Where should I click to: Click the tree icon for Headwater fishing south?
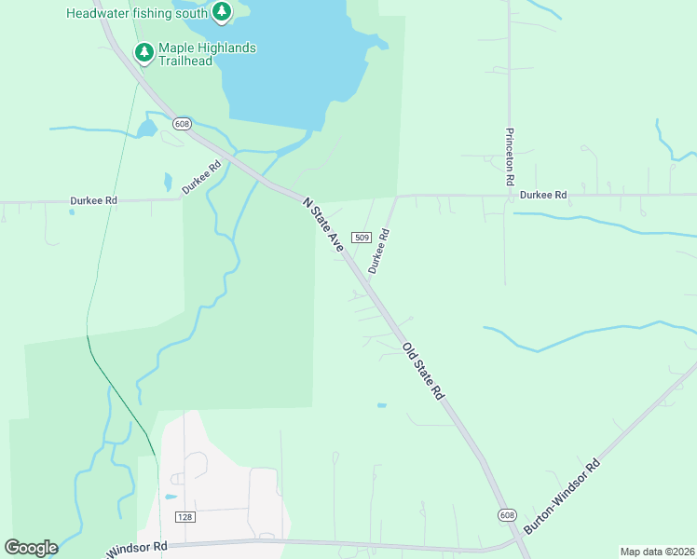[x=221, y=12]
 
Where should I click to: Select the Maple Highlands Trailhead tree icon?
[x=143, y=52]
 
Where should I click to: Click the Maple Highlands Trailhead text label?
[x=206, y=54]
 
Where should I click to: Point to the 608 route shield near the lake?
[x=182, y=123]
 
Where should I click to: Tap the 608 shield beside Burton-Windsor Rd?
[x=506, y=515]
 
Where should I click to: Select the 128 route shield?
[x=184, y=516]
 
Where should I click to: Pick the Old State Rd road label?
[x=423, y=372]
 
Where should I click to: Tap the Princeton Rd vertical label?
[x=510, y=157]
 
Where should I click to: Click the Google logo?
[x=31, y=548]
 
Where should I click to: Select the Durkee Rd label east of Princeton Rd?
[x=543, y=196]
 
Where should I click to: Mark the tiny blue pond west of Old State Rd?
[x=381, y=405]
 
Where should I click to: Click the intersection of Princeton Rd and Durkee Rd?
[x=510, y=196]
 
